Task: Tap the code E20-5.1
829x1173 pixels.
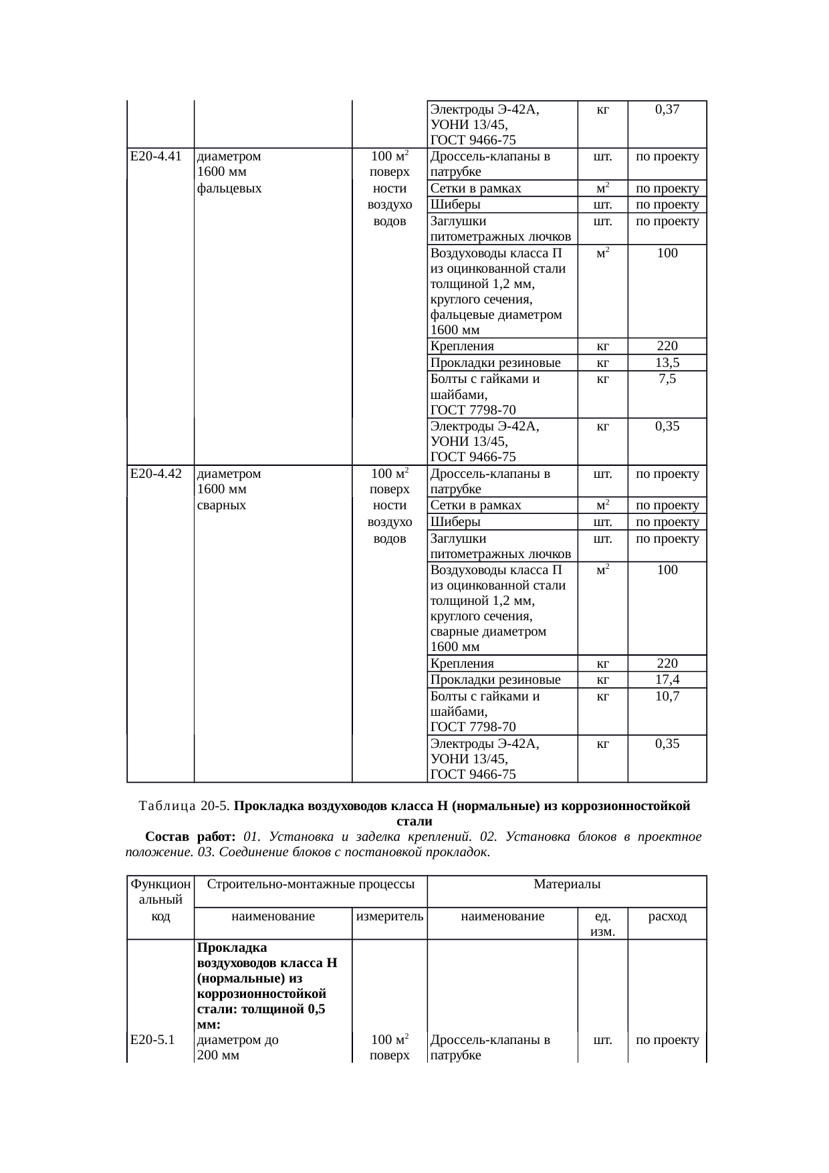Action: coord(152,1040)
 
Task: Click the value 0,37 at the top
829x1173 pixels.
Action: coord(667,110)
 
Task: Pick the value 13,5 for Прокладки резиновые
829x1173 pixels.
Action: coord(667,363)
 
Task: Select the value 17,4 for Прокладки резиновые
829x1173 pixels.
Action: coord(667,680)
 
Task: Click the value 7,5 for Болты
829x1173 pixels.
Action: coord(667,379)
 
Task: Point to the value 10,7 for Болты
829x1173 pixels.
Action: coord(667,696)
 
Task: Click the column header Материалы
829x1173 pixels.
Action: coord(567,884)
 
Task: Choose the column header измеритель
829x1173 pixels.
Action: coord(390,916)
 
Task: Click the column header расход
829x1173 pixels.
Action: coord(667,916)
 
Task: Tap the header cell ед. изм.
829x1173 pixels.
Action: coord(602,923)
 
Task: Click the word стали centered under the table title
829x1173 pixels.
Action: coord(414,821)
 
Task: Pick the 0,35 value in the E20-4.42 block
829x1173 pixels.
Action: coord(667,743)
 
